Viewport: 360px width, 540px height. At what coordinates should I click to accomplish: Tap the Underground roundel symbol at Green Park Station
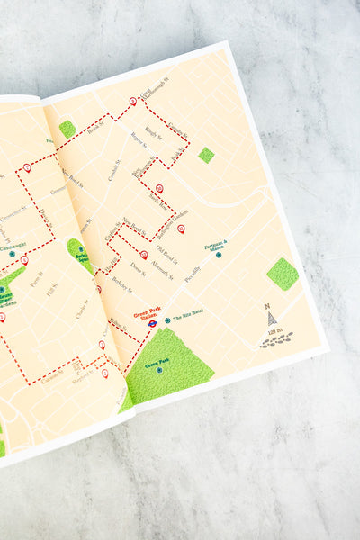pos(153,321)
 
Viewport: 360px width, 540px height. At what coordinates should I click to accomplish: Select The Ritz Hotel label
pos(187,319)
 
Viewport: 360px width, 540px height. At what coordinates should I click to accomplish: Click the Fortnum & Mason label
pos(216,245)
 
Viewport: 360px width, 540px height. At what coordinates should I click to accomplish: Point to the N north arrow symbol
pos(269,315)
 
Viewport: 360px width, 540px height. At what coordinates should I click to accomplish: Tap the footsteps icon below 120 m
pos(277,340)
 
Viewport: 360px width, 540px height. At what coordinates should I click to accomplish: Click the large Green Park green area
pos(166,364)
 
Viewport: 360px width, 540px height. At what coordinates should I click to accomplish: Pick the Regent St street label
pos(139,139)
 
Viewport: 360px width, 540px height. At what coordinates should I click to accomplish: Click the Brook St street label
pos(95,129)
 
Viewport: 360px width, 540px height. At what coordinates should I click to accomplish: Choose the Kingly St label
pos(152,134)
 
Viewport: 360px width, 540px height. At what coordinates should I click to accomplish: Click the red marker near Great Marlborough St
pos(133,101)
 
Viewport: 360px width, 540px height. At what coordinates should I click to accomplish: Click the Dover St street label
pos(137,268)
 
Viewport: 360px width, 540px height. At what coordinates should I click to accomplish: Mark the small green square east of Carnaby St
pos(206,155)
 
